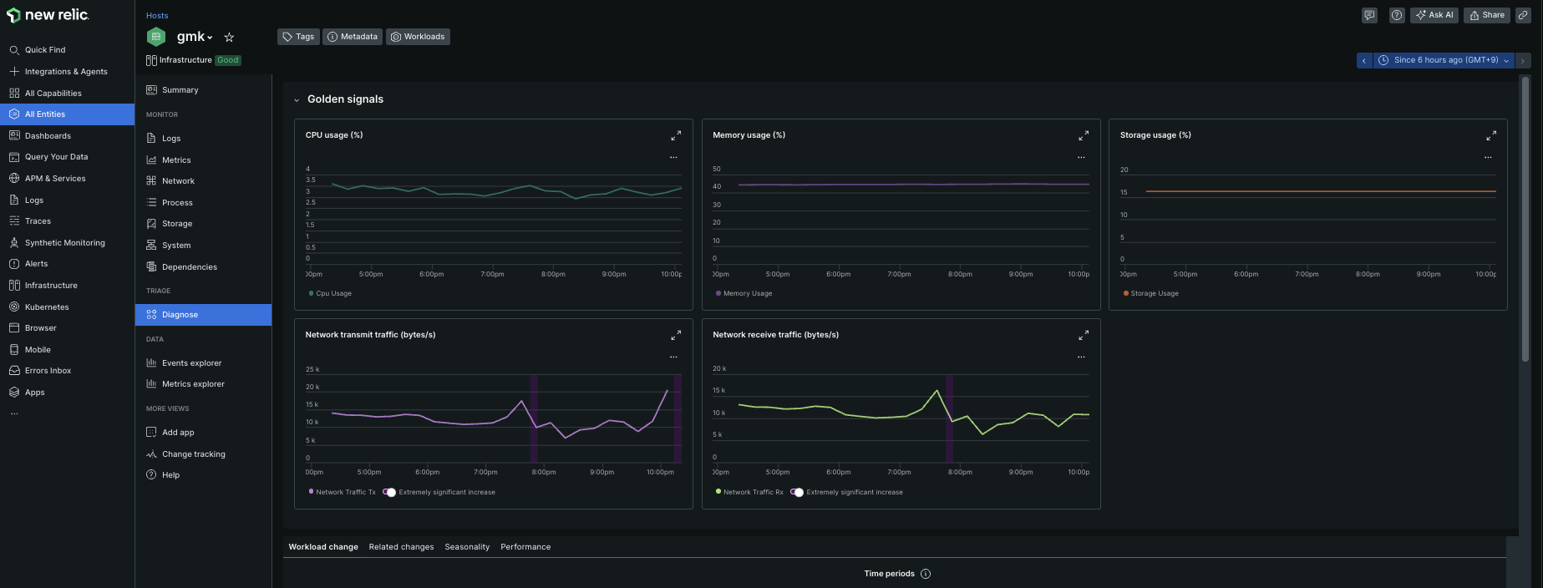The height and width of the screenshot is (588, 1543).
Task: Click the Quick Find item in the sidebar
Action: (45, 50)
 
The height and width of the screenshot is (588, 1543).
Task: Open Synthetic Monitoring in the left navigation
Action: (64, 243)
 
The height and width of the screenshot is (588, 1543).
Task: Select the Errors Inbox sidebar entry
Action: (48, 371)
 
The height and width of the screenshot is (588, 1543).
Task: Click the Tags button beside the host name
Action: (298, 37)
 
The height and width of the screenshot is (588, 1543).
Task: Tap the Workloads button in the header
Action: (418, 37)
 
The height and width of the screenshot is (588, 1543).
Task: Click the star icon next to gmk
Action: (229, 37)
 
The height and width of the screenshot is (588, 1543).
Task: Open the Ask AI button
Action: (1434, 15)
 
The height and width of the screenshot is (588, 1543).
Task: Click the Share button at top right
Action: (1487, 15)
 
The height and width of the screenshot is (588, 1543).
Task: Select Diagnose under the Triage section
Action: (180, 315)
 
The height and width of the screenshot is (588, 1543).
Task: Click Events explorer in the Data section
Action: (191, 363)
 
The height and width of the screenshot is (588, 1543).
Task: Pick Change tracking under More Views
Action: (193, 454)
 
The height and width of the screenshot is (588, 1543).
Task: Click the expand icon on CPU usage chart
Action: (676, 135)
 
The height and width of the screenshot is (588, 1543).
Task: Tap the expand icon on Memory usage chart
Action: (1084, 135)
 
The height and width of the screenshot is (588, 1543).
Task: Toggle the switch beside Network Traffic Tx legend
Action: (389, 492)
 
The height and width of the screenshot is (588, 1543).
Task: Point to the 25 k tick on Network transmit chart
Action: (312, 369)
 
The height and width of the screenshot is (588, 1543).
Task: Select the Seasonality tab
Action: (467, 547)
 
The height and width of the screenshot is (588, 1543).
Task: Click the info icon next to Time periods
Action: (926, 574)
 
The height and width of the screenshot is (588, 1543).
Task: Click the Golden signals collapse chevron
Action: (297, 100)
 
